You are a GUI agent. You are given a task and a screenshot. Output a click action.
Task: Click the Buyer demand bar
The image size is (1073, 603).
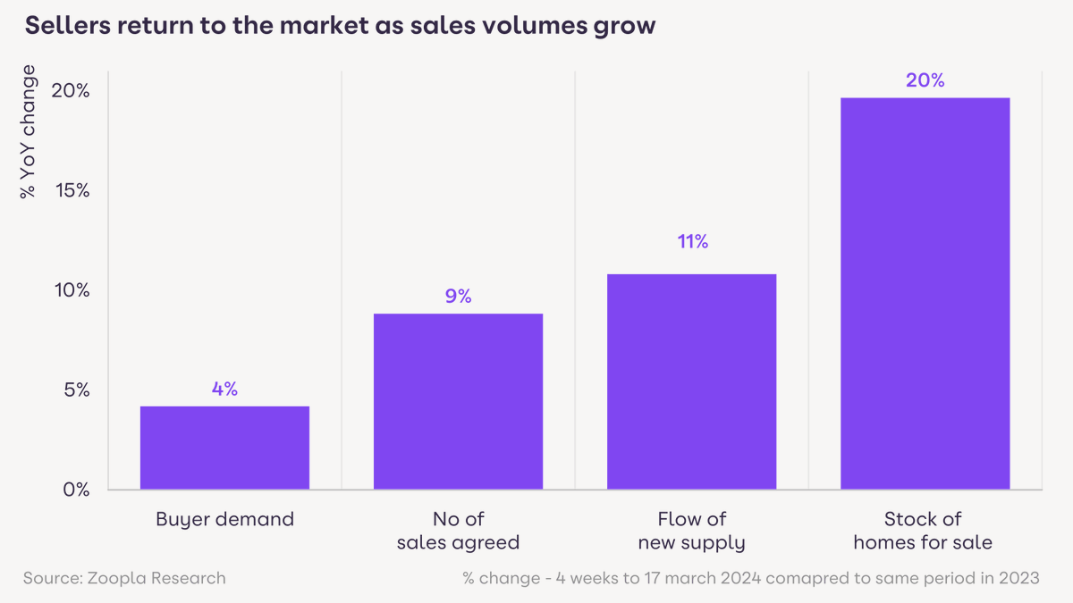click(x=224, y=448)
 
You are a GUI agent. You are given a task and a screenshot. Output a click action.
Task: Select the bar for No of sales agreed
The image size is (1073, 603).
click(x=458, y=401)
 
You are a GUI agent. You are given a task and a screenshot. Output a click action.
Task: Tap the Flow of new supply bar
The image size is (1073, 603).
click(x=691, y=381)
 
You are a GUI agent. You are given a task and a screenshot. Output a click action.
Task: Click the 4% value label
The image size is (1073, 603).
click(x=224, y=389)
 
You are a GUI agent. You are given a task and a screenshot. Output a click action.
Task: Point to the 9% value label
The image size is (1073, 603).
click(x=458, y=297)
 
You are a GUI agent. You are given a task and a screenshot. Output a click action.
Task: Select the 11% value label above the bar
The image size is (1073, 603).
click(x=691, y=242)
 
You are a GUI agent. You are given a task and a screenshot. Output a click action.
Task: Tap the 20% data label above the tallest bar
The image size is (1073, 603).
click(x=925, y=80)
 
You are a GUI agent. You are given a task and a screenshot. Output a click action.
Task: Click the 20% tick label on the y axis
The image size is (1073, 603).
click(x=72, y=91)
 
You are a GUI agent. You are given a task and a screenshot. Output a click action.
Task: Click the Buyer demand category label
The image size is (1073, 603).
click(x=224, y=519)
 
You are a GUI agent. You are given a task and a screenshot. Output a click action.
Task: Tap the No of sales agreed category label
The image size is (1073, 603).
click(x=458, y=531)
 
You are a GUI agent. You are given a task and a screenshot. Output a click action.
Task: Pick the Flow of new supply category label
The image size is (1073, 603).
click(x=691, y=531)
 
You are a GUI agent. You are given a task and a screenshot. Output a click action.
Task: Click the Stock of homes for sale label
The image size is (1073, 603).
click(x=923, y=531)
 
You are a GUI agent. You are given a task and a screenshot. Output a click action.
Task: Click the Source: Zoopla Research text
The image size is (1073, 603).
click(x=124, y=578)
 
